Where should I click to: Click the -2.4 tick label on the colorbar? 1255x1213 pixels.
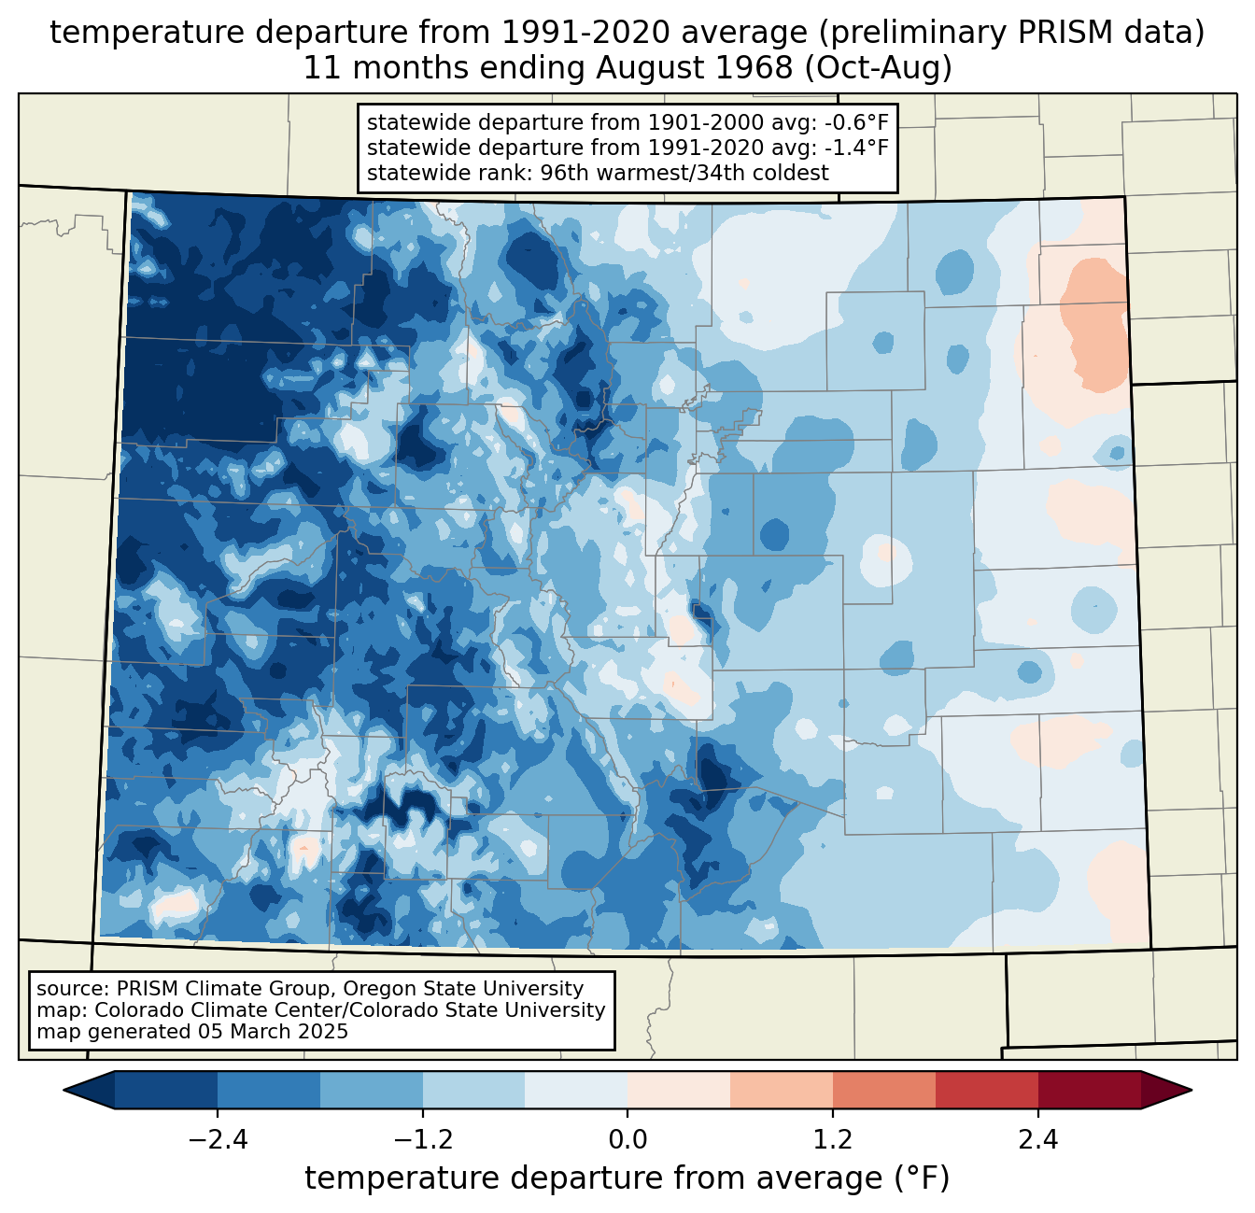coord(217,1140)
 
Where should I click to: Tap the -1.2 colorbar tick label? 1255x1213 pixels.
coord(422,1140)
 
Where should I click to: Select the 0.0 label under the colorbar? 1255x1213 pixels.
coord(627,1140)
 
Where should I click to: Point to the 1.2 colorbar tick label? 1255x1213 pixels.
coord(833,1140)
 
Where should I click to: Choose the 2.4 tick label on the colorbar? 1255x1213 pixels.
coord(1038,1140)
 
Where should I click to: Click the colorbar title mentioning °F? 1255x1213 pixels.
coord(627,1178)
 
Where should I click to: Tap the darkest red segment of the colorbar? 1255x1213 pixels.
coord(1090,1090)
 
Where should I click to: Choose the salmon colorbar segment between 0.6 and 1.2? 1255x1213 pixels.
coord(782,1090)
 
